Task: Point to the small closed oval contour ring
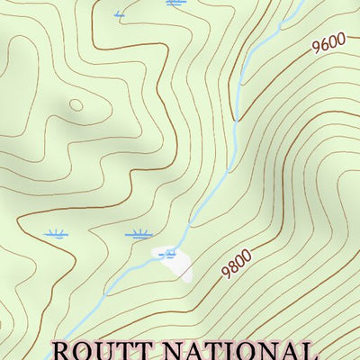pos(76,105)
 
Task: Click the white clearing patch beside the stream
pos(175,262)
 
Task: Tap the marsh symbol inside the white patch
pos(167,255)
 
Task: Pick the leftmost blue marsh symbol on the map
pos(57,234)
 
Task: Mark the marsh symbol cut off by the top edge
pos(176,3)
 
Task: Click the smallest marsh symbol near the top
pos(120,14)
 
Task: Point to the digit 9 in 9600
pos(318,50)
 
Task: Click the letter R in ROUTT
pos(62,351)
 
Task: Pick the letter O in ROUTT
pos(82,351)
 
